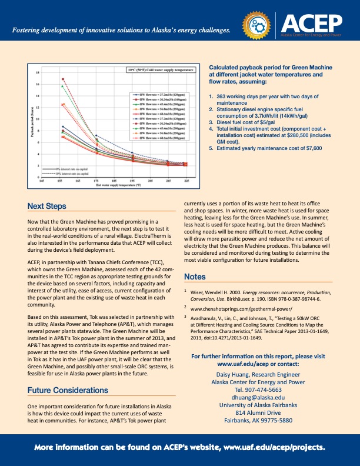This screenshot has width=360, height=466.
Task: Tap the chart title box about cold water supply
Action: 161,69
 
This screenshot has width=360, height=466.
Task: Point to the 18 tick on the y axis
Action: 38,72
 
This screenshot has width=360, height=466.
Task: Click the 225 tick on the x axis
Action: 186,181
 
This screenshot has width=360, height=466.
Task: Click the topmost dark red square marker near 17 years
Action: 62,79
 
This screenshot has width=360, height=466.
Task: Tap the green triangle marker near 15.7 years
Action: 62,86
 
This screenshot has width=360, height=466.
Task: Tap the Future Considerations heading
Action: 68,390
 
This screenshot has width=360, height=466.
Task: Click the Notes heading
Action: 195,277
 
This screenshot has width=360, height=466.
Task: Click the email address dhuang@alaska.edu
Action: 258,397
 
